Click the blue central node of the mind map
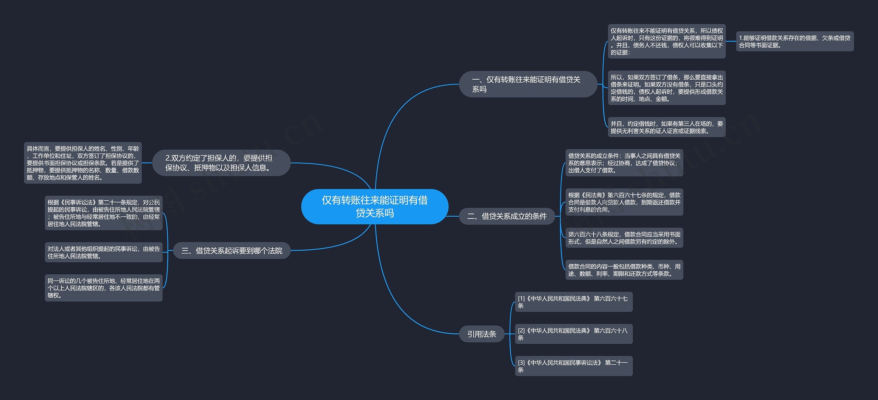pyautogui.click(x=375, y=207)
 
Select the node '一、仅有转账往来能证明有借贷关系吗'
pyautogui.click(x=528, y=84)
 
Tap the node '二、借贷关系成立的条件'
pyautogui.click(x=507, y=216)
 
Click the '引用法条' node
pyautogui.click(x=482, y=334)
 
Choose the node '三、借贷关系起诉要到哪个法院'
pyautogui.click(x=232, y=251)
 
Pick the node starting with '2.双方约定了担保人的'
pyautogui.click(x=221, y=163)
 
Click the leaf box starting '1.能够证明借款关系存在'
pyautogui.click(x=794, y=42)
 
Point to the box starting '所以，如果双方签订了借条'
pyautogui.click(x=666, y=88)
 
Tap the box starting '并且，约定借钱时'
pyautogui.click(x=666, y=127)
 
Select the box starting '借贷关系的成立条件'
pyautogui.click(x=624, y=163)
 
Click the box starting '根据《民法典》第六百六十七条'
pyautogui.click(x=624, y=202)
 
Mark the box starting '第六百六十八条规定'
pyautogui.click(x=624, y=238)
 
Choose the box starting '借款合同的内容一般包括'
pyautogui.click(x=624, y=270)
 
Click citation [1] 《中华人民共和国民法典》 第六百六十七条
pyautogui.click(x=573, y=302)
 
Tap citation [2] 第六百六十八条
pyautogui.click(x=573, y=334)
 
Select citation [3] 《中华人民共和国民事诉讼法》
pyautogui.click(x=573, y=366)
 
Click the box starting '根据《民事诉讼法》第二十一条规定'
pyautogui.click(x=104, y=213)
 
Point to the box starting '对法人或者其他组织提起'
pyautogui.click(x=104, y=252)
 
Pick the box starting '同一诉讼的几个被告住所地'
pyautogui.click(x=104, y=288)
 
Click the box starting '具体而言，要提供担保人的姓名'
pyautogui.click(x=83, y=163)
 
